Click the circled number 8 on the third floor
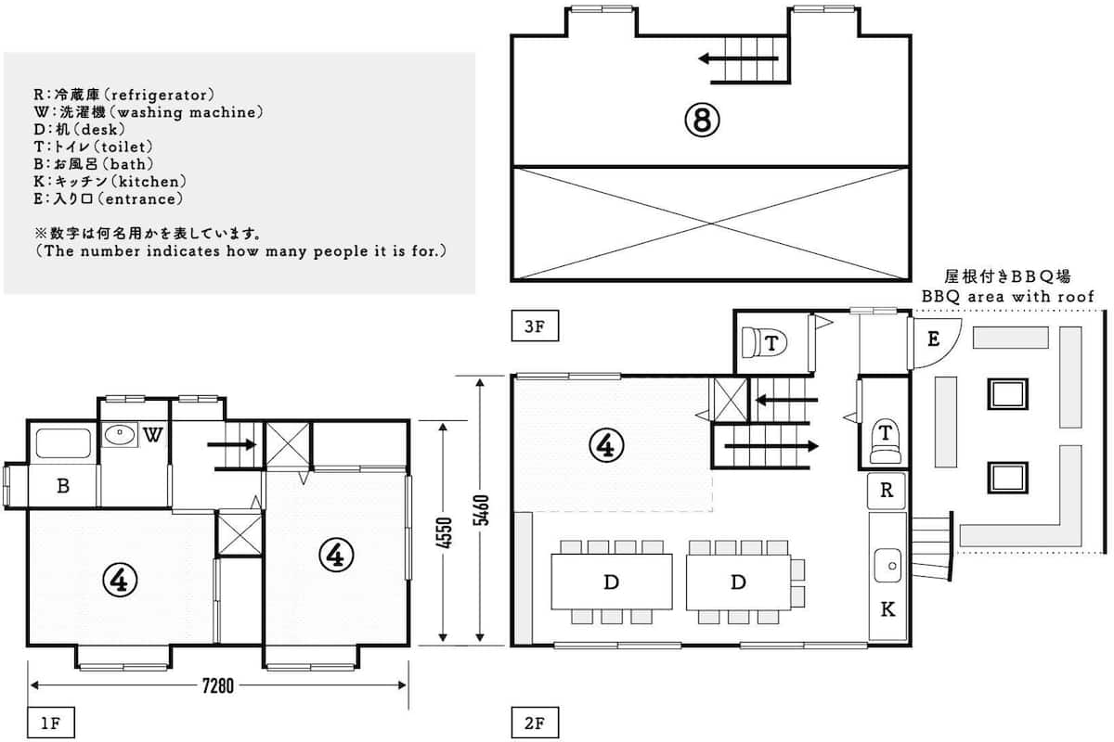[x=702, y=120]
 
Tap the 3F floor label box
[x=535, y=326]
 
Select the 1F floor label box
[x=51, y=723]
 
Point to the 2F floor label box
[x=535, y=723]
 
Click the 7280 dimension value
[x=218, y=685]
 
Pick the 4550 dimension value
[x=445, y=532]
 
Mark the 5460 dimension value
[x=482, y=510]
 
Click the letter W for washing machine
[x=152, y=435]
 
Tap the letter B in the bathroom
[x=63, y=486]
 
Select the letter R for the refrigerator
[x=887, y=490]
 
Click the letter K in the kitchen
[x=887, y=608]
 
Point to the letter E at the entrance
[x=934, y=339]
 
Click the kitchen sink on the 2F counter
[x=887, y=565]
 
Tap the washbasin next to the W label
[x=120, y=435]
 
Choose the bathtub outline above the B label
[x=63, y=443]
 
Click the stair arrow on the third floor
[x=739, y=58]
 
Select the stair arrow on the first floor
[x=232, y=444]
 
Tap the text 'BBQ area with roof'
[x=1007, y=297]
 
